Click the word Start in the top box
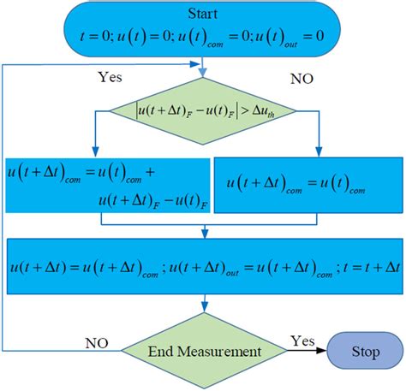tap(204, 13)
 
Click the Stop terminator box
tap(367, 351)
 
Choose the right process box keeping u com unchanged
tap(306, 183)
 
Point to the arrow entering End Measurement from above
tap(204, 306)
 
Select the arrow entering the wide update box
tap(204, 233)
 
